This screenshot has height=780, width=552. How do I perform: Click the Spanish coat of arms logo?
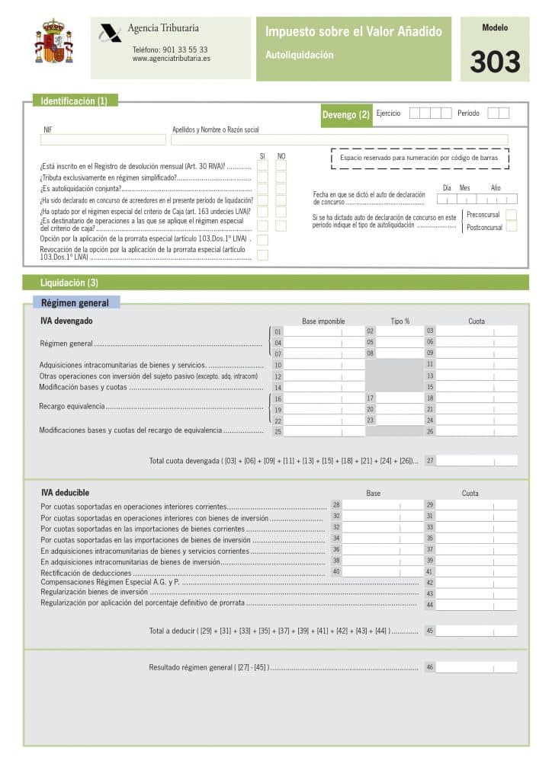53,43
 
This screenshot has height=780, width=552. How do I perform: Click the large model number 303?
495,62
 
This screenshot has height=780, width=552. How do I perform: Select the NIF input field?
103,140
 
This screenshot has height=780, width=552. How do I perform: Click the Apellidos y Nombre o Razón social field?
339,140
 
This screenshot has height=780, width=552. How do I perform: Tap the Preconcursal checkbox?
511,215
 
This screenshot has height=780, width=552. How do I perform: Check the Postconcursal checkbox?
511,227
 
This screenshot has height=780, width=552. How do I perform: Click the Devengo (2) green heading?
345,115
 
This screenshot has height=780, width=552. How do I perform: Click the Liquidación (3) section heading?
69,283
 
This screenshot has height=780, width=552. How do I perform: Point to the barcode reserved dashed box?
419,158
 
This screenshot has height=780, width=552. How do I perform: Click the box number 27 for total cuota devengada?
476,461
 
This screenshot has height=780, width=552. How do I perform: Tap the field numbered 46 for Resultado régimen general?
476,667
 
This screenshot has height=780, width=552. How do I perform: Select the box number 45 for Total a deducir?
476,631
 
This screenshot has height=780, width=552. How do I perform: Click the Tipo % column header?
400,321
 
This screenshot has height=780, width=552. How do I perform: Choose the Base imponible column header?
323,321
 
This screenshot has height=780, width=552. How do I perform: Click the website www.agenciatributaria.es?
171,59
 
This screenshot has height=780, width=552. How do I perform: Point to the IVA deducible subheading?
65,493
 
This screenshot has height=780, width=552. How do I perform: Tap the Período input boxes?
498,113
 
